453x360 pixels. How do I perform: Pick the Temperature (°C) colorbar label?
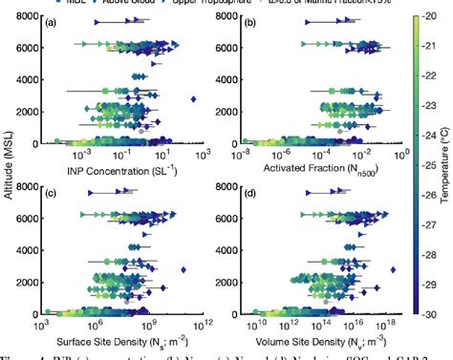click(x=445, y=163)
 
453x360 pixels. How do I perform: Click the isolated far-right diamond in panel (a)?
click(x=194, y=98)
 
